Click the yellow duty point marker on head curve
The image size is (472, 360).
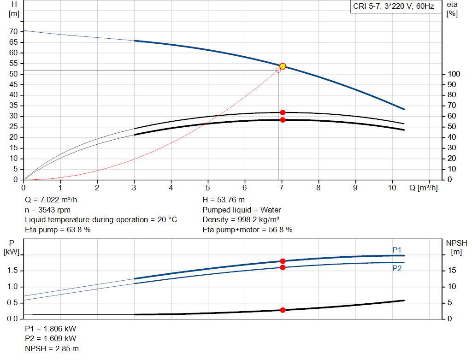(x=283, y=66)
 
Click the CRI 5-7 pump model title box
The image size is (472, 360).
(x=393, y=7)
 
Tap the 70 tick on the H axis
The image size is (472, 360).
(x=14, y=32)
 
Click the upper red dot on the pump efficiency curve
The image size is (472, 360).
(x=283, y=112)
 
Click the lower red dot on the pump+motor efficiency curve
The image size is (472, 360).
(x=283, y=120)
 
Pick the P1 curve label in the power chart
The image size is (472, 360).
(x=397, y=250)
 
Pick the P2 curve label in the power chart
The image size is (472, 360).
(x=397, y=268)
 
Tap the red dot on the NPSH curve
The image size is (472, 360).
(x=283, y=310)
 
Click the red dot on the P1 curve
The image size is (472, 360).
(x=283, y=261)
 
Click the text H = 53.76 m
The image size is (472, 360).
(x=224, y=200)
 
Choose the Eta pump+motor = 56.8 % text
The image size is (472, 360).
(x=248, y=230)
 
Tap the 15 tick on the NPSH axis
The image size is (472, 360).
(x=452, y=271)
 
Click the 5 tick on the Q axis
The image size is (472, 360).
(x=208, y=188)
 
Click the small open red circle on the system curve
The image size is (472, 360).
(x=278, y=70)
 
